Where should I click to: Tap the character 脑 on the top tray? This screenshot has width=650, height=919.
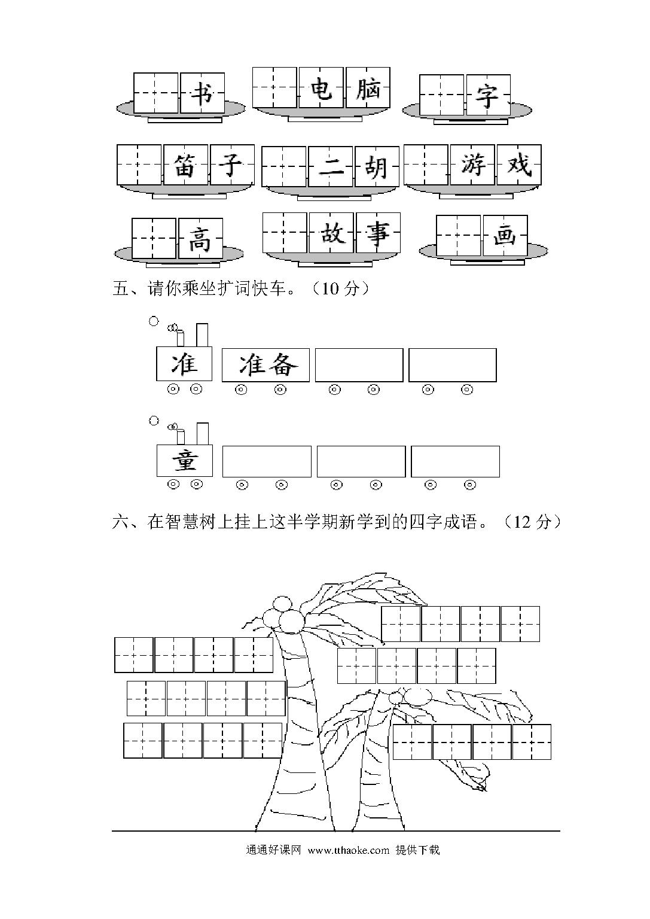click(368, 88)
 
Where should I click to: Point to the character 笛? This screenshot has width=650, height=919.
click(185, 165)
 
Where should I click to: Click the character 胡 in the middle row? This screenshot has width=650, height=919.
click(377, 168)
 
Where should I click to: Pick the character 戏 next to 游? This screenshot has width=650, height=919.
click(519, 165)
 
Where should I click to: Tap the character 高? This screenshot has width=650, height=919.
click(200, 239)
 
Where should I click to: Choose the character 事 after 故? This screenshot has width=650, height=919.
click(378, 233)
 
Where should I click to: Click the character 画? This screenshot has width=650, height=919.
click(505, 236)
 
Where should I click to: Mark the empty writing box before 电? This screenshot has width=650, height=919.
click(274, 87)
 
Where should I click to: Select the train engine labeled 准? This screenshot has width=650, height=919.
click(184, 364)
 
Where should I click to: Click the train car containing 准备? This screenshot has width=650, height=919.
click(266, 365)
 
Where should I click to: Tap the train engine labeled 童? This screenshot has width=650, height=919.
click(185, 461)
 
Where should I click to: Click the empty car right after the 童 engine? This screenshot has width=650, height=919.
click(267, 461)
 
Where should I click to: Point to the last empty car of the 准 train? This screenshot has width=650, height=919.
click(452, 365)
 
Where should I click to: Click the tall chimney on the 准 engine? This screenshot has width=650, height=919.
click(202, 335)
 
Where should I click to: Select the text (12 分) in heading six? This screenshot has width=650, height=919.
click(532, 522)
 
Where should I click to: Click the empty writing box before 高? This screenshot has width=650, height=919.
click(154, 238)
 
